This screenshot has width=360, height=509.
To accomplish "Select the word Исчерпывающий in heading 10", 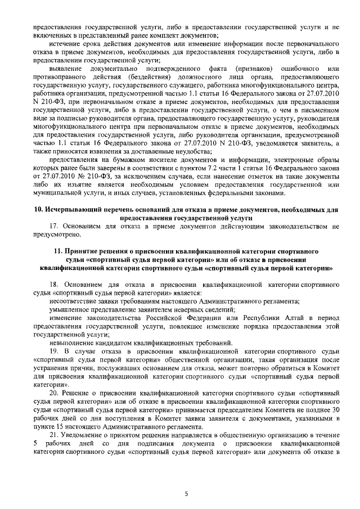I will pos(71,209).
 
